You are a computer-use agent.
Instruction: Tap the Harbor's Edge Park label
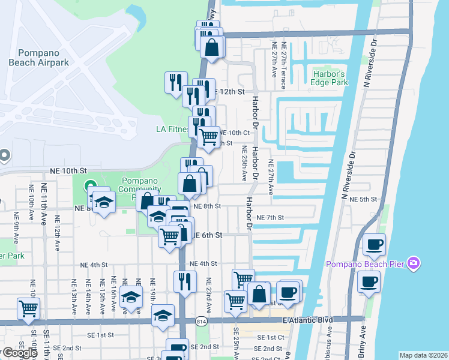(330, 79)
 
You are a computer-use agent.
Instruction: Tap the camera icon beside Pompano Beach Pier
(412, 264)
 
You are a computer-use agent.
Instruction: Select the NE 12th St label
(229, 92)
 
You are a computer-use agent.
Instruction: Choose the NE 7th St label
(270, 217)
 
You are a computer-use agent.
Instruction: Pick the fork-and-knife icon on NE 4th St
(185, 281)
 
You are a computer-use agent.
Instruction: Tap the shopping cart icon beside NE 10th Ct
(208, 137)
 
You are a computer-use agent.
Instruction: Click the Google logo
(20, 353)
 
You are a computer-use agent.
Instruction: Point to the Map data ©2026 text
(423, 355)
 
